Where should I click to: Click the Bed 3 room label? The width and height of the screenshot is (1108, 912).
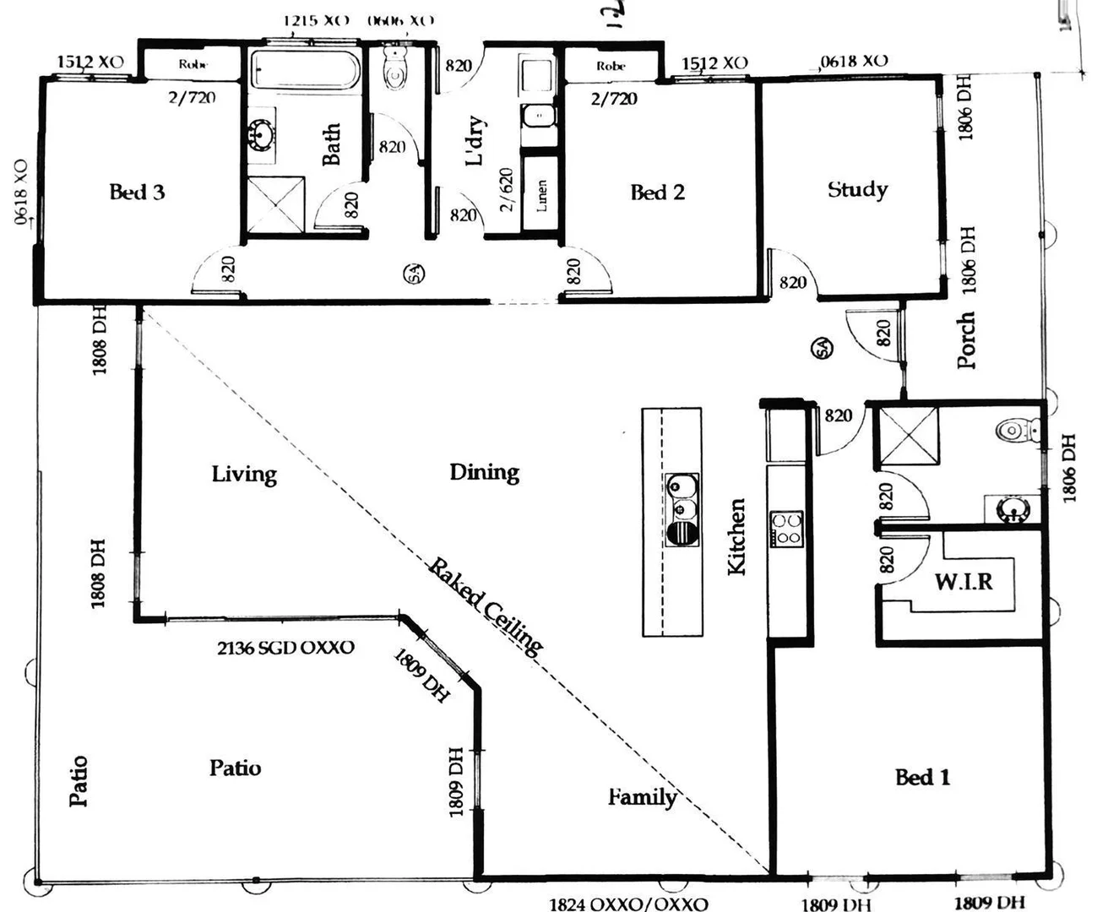click(137, 192)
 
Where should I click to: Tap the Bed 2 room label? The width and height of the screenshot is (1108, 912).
click(657, 193)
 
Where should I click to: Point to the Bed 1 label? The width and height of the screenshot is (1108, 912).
click(922, 777)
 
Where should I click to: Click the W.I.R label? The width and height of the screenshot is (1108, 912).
click(963, 581)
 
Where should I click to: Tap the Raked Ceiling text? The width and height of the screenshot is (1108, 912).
click(485, 605)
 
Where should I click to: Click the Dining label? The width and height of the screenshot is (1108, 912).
click(484, 472)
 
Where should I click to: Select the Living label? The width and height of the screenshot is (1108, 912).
click(244, 474)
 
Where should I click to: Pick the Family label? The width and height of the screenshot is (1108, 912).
click(642, 796)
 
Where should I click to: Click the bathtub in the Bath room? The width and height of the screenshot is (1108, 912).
click(305, 68)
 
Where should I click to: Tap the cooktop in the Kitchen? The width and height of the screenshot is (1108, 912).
click(785, 529)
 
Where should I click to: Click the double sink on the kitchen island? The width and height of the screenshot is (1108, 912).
click(682, 498)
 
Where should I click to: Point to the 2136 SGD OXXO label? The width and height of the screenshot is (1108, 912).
click(285, 648)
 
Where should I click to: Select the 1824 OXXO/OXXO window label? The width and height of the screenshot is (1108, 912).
click(628, 904)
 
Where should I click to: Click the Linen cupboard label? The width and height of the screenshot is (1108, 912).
click(541, 195)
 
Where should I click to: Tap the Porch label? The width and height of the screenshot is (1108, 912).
click(966, 340)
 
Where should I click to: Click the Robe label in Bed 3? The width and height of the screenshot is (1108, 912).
click(193, 64)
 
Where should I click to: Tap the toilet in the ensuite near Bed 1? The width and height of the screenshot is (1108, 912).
click(1013, 431)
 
